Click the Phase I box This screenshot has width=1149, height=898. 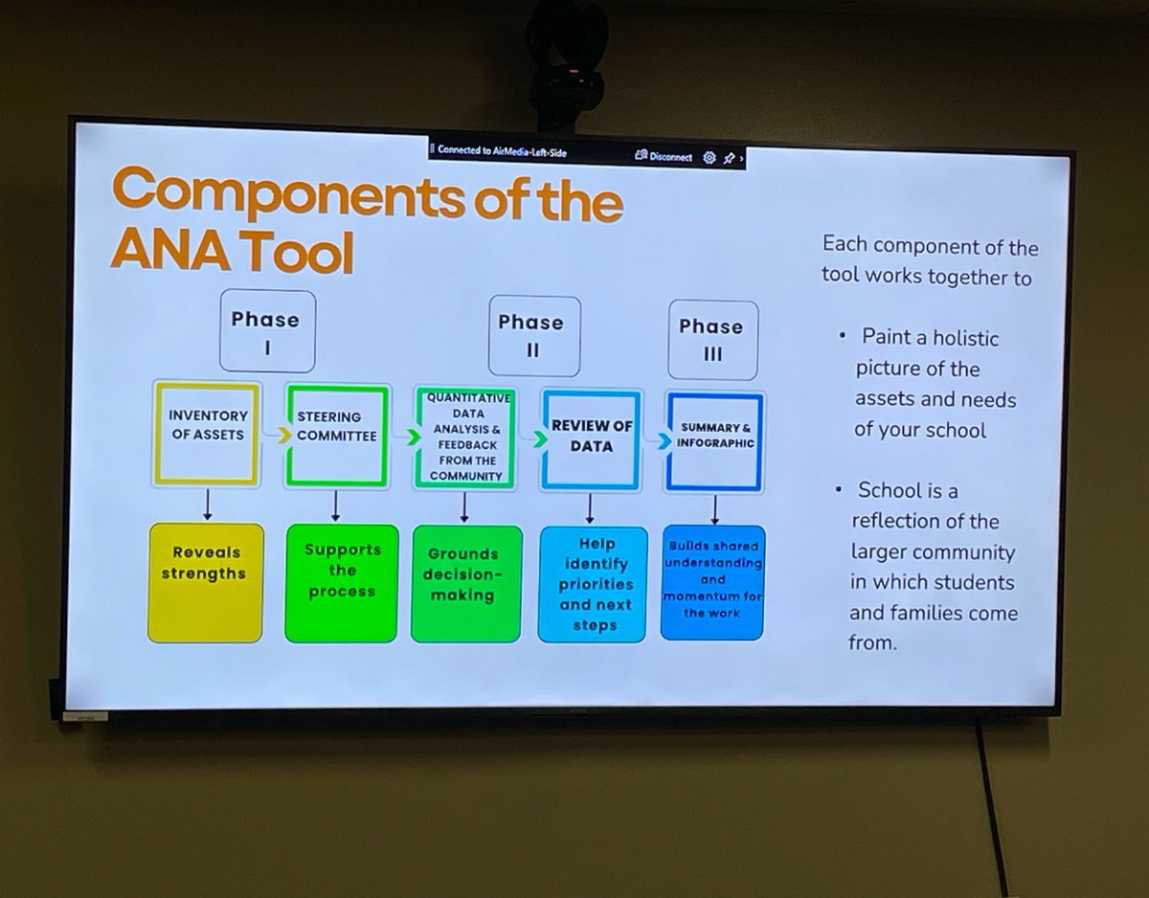pos(267,331)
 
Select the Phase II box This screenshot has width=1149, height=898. pos(534,336)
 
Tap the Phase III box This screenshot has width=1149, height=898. pos(712,340)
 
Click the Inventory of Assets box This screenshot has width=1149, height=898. pos(207,434)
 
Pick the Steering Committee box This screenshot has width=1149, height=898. pos(337,436)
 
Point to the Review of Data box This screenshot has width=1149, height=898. pos(591,440)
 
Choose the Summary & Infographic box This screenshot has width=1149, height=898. pos(714,442)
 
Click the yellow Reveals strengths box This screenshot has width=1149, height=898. pos(206,583)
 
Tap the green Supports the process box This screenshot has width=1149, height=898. pos(342,584)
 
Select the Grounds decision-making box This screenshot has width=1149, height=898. pos(466,584)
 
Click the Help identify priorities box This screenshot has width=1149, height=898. pos(593,585)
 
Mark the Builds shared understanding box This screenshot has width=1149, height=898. pos(712,583)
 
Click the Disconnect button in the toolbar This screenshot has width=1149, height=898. pos(665,156)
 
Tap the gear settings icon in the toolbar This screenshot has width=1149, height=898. pos(710,158)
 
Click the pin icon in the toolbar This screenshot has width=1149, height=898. pos(729,158)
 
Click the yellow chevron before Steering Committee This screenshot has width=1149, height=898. pos(284,436)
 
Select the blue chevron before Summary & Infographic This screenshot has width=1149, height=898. pos(665,441)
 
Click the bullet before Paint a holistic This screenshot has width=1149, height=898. pos(843,336)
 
